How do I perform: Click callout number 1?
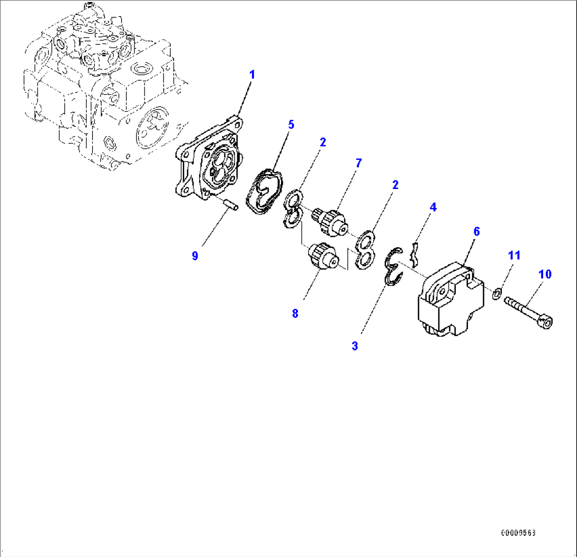[x=252, y=75]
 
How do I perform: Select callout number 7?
[x=358, y=163]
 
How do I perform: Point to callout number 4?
[x=433, y=208]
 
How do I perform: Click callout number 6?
[x=476, y=231]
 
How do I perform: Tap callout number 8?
[x=295, y=313]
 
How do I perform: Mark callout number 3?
[x=355, y=346]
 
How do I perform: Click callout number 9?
[x=195, y=256]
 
